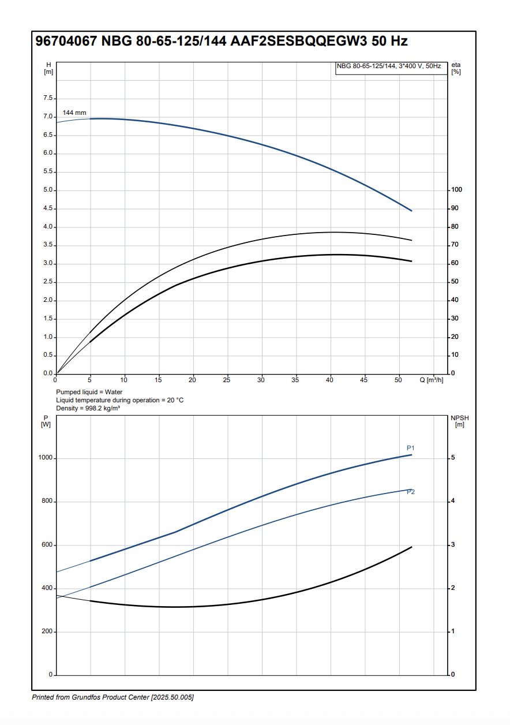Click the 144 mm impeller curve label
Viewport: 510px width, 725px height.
click(x=74, y=113)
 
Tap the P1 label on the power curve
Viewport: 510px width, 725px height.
click(x=411, y=448)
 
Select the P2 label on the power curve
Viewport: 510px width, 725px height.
click(x=411, y=492)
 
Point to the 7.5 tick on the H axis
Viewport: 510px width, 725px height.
click(x=48, y=99)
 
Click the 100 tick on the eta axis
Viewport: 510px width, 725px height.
click(x=456, y=190)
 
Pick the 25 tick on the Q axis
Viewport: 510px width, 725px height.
click(x=227, y=380)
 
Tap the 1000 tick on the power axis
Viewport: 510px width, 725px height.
click(x=46, y=458)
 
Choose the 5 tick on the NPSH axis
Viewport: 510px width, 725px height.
click(x=453, y=458)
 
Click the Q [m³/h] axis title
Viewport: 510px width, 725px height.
click(x=431, y=380)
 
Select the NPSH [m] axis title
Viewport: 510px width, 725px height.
click(x=459, y=421)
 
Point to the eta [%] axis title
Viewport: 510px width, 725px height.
click(x=456, y=68)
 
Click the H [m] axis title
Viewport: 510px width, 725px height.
click(x=48, y=68)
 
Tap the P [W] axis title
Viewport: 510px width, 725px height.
click(x=46, y=421)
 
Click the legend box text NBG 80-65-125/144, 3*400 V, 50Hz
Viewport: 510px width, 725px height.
click(x=389, y=66)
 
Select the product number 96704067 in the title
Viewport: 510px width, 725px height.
click(x=66, y=41)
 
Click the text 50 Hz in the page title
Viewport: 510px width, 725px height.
click(x=389, y=41)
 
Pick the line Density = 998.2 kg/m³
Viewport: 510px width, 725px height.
click(x=88, y=408)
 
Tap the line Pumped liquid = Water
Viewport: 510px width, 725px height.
click(x=89, y=392)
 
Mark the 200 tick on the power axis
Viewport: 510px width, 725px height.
click(x=47, y=631)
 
